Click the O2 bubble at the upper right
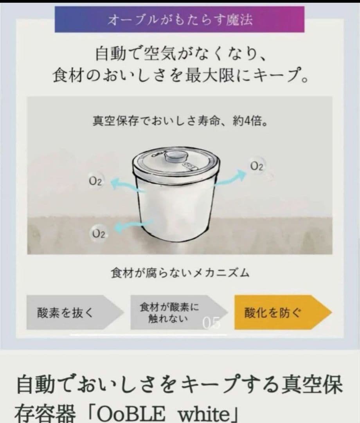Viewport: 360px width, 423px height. (257, 166)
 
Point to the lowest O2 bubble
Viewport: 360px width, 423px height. (98, 234)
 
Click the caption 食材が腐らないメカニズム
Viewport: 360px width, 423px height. (180, 273)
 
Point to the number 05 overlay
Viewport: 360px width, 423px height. (211, 323)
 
